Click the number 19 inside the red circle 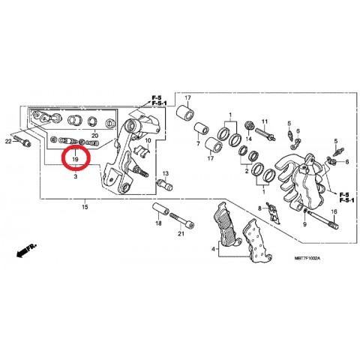(75, 159)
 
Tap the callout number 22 (8, 142)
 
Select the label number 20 (94, 136)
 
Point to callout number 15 (85, 207)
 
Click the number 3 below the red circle (76, 176)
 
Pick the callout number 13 (166, 173)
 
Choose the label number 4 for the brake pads (213, 249)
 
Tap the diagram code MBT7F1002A (307, 258)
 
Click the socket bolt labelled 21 (181, 220)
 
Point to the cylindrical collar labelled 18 (160, 210)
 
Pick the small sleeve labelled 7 (202, 129)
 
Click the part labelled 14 (249, 126)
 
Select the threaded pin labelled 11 (265, 133)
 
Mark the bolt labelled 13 (165, 185)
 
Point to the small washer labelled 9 (305, 211)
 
